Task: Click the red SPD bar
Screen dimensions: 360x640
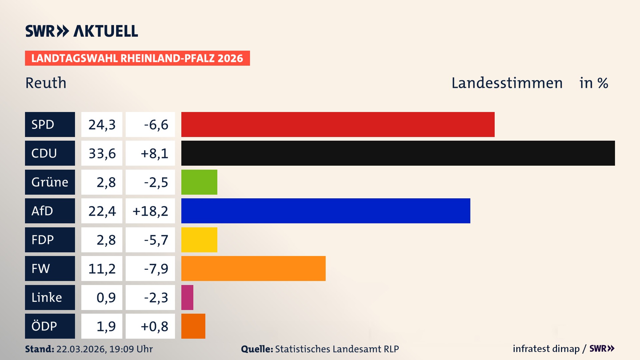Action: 338,124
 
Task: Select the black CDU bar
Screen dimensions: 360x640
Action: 398,153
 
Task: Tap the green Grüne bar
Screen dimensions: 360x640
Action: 199,182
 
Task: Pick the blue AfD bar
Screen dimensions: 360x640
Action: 326,211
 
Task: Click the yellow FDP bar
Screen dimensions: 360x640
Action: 199,240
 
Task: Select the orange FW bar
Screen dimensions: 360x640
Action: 253,268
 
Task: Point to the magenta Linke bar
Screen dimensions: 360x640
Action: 187,297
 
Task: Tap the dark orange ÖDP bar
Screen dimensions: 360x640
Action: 193,326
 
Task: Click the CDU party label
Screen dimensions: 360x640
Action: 50,153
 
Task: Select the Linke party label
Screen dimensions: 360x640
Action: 50,297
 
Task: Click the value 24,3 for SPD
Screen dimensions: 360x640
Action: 102,124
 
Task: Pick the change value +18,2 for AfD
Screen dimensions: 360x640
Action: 150,211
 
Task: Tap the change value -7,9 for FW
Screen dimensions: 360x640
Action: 156,268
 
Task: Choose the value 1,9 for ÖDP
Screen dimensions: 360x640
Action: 106,326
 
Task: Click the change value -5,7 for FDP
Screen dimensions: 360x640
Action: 156,240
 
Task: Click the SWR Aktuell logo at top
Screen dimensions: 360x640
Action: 82,31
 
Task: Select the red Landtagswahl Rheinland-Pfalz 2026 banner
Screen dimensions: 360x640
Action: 137,58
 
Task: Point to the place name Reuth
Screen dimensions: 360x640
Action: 46,83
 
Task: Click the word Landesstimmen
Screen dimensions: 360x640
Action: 507,83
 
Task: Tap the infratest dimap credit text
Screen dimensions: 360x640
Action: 546,349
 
